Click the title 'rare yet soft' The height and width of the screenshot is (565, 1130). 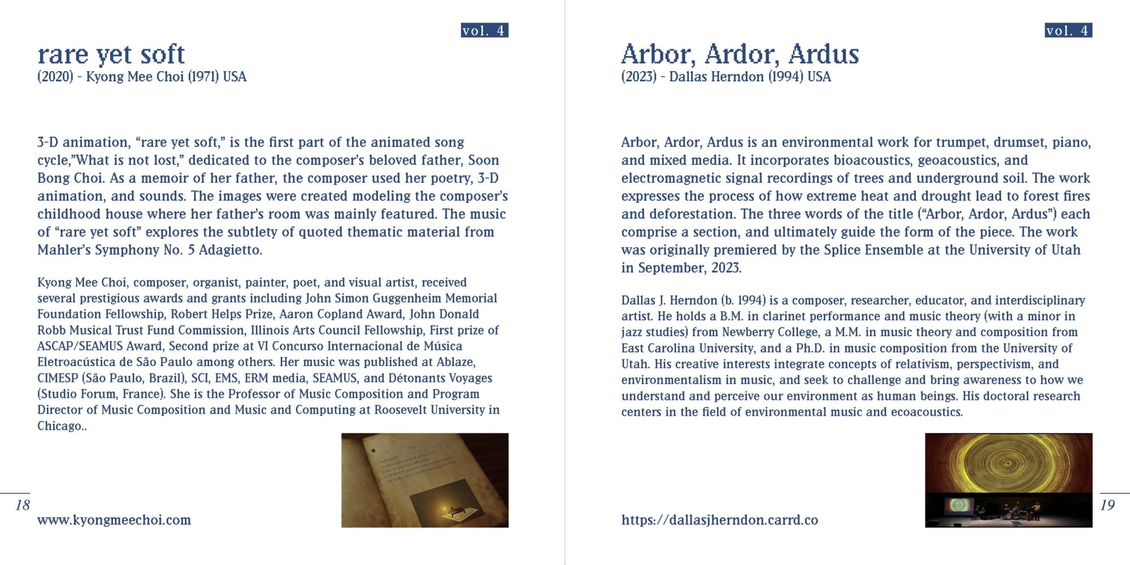111,54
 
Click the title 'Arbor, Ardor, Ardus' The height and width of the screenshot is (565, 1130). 740,54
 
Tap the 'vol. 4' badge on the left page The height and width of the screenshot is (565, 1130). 484,31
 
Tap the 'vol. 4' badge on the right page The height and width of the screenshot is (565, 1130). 1068,31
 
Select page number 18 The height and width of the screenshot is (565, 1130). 23,505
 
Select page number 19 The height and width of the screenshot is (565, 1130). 1107,505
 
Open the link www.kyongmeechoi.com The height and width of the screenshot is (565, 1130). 114,520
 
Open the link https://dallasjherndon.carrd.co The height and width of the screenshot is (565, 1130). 719,520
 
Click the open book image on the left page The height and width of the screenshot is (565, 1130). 424,480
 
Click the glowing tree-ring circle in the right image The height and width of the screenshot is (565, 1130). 1008,462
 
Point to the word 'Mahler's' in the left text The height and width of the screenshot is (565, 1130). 64,250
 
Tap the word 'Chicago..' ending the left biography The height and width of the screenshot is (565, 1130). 62,426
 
